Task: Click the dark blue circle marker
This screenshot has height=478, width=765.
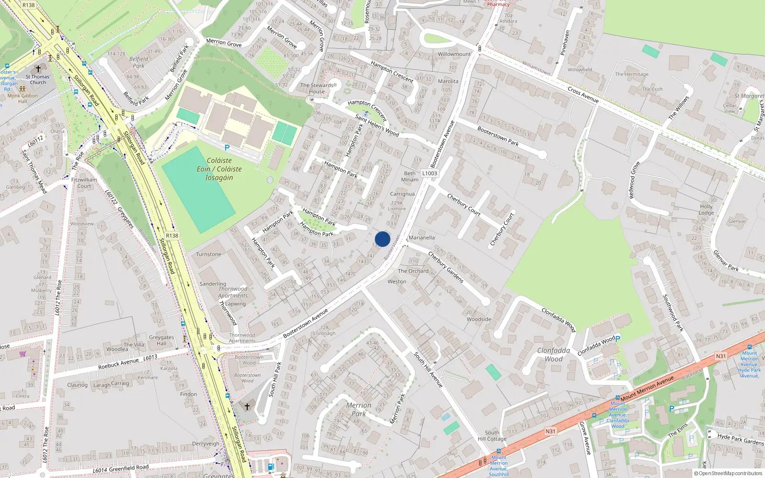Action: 382,239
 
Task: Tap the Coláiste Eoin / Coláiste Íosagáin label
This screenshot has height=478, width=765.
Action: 219,169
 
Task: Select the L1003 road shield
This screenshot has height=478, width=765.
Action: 429,174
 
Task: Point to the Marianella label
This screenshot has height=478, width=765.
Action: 422,238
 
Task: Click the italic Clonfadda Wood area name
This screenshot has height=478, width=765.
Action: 553,355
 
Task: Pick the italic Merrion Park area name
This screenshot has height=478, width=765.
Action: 359,409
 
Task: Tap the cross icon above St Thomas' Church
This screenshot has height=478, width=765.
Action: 38,69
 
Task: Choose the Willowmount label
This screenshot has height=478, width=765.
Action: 454,54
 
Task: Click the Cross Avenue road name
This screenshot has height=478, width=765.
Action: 583,95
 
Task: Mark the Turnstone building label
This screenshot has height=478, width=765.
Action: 208,254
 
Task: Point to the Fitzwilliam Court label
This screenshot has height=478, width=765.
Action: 84,183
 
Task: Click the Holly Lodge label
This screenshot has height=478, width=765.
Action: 706,210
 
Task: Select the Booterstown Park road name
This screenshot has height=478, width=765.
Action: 498,136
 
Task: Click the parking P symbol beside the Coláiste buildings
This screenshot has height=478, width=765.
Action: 227,148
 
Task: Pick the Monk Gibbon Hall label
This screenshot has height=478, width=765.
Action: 22,98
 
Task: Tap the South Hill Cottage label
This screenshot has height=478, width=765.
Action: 492,435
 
